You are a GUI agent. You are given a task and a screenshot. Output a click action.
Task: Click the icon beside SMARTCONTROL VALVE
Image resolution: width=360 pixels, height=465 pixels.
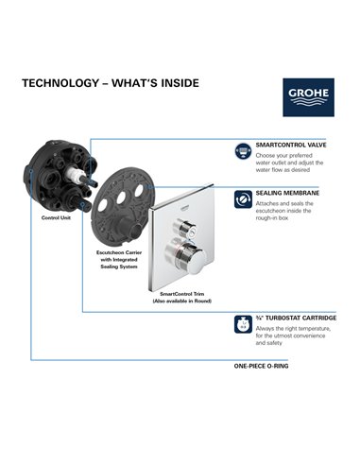(241, 149)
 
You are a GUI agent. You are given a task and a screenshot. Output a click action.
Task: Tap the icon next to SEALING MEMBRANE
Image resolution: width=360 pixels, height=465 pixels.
(241, 195)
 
